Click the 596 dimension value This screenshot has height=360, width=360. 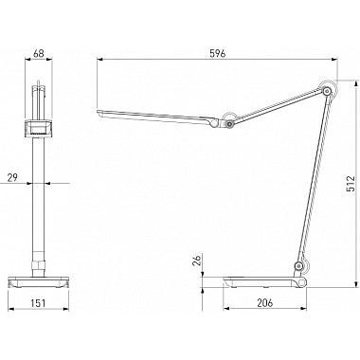click(218, 54)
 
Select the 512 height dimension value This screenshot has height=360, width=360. click(351, 184)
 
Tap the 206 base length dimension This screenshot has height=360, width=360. click(264, 302)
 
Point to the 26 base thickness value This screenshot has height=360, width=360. click(196, 261)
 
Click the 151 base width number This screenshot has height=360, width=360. click(38, 303)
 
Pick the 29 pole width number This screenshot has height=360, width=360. click(12, 177)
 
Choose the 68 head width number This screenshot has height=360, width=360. click(39, 54)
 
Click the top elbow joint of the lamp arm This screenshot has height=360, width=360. click(328, 91)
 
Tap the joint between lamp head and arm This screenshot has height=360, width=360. click(229, 123)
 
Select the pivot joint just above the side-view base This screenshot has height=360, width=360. click(297, 266)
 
